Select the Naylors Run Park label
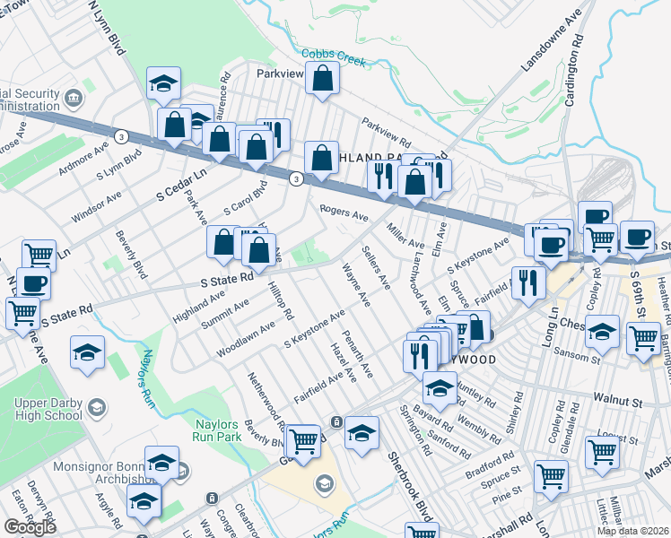[218, 432]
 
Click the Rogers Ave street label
[344, 212]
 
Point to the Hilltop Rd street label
[281, 300]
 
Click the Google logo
[30, 527]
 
